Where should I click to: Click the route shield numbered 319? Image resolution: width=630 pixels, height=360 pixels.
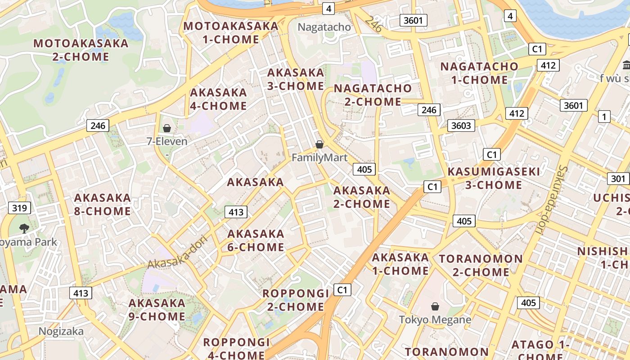coord(19,208)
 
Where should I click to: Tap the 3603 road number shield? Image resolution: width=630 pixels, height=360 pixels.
coord(461,125)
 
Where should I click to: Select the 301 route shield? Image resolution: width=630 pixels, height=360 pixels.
coord(618,179)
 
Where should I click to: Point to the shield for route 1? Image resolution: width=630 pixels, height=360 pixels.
coord(604,117)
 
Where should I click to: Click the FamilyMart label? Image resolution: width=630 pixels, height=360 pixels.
coord(319,157)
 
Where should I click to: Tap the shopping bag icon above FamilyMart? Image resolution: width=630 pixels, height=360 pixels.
coord(319,144)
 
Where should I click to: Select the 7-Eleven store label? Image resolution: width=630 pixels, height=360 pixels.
coord(167,141)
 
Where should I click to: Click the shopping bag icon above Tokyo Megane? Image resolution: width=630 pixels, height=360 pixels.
coord(435,306)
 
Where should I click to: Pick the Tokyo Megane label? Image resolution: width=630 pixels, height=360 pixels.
coord(435,320)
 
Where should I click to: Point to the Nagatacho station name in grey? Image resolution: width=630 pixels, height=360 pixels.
coord(324,27)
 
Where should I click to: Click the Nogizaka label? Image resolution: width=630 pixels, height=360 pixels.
coord(61,331)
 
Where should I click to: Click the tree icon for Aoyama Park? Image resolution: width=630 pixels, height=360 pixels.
coord(24,229)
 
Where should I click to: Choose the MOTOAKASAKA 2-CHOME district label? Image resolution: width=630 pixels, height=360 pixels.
coord(81,50)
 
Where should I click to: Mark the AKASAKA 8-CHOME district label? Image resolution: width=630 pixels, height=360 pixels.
coord(102,204)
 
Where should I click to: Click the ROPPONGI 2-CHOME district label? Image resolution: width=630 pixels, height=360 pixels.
coord(296,300)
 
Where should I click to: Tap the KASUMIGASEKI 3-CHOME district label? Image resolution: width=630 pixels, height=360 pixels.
coord(494,178)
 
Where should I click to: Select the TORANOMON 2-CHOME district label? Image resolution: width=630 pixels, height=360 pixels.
coord(481,265)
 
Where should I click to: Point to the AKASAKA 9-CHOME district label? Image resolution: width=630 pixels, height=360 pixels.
coord(157,310)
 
